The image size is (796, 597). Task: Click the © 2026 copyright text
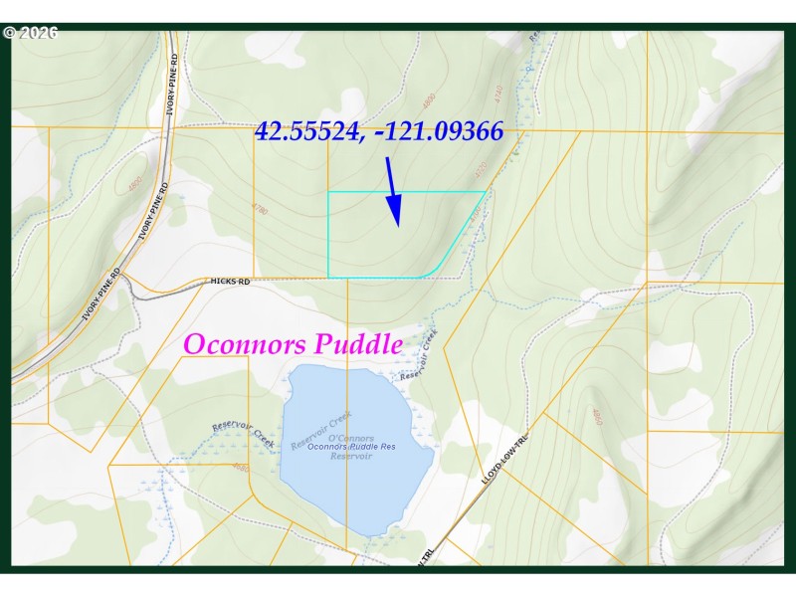pyautogui.click(x=31, y=33)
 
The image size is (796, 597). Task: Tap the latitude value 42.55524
pyautogui.click(x=308, y=130)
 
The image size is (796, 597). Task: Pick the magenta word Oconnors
pyautogui.click(x=246, y=344)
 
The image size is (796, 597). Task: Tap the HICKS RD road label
pyautogui.click(x=230, y=282)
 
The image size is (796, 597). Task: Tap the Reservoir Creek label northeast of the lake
pyautogui.click(x=418, y=357)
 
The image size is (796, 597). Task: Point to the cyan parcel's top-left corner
pyautogui.click(x=328, y=192)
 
